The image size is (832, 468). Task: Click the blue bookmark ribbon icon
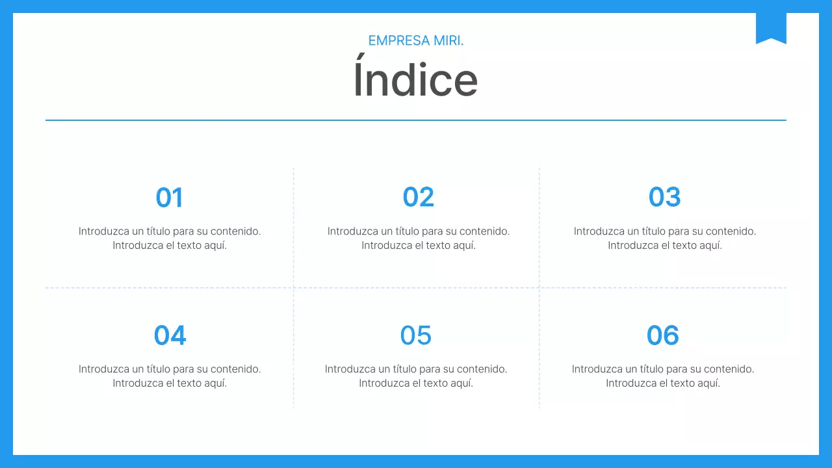pos(771,28)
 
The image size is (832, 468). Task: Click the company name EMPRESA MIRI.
pos(416,40)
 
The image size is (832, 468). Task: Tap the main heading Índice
pos(415,80)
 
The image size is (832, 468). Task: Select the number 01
pos(170,198)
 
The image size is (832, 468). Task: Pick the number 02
pos(418,198)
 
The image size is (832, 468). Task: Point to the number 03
pos(664,198)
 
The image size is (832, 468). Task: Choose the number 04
pos(170,335)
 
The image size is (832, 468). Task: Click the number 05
pos(416,335)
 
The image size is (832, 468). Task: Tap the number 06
pos(662,335)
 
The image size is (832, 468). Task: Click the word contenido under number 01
pos(235,231)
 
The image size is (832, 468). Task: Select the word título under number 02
pos(403,231)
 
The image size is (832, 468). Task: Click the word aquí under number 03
pos(709,246)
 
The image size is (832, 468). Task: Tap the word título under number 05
pos(400,369)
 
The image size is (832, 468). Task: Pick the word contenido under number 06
pos(729,369)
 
